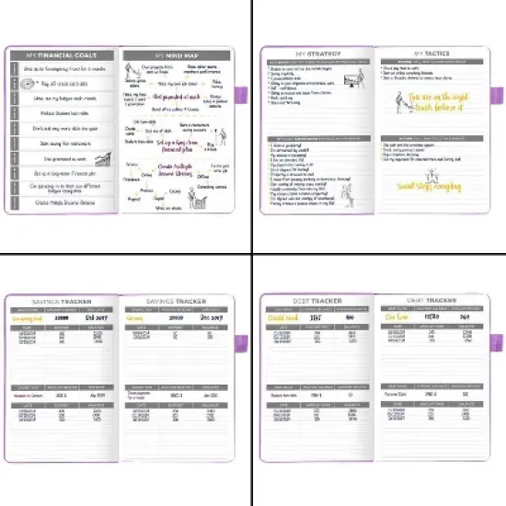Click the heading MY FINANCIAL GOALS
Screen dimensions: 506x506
point(62,54)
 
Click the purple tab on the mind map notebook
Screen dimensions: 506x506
point(246,95)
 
